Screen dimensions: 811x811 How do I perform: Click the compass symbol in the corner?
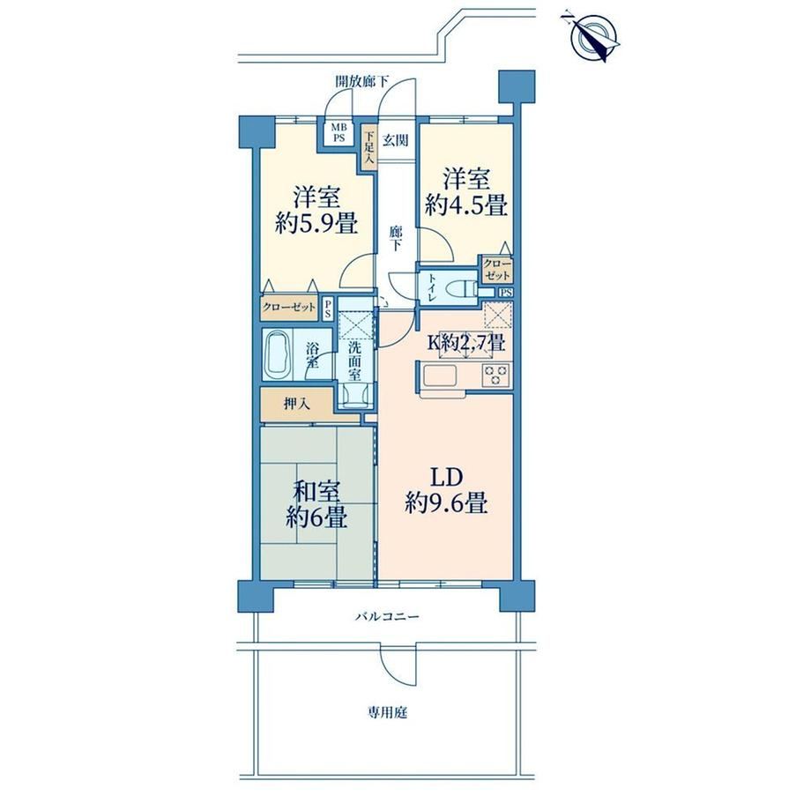coord(592,35)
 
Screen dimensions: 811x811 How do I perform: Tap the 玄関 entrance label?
coord(396,139)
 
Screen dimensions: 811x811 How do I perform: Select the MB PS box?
coord(339,133)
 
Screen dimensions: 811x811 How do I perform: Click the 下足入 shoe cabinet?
coord(368,148)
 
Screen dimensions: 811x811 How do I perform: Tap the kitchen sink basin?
coord(440,375)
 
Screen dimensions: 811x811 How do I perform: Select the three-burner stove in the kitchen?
coord(495,375)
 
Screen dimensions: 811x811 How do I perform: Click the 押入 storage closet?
coord(297,404)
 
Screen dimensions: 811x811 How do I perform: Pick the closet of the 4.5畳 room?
coord(497,269)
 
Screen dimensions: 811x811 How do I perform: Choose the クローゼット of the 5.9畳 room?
coord(289,308)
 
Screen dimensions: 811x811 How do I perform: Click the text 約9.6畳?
coord(446,502)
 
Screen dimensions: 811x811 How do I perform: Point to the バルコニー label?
coord(387,616)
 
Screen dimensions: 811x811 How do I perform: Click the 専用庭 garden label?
coord(388,713)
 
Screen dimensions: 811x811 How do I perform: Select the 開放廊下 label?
coord(362,81)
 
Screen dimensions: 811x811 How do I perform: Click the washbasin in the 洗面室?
coord(355,397)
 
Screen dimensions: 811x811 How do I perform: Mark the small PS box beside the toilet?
coord(506,293)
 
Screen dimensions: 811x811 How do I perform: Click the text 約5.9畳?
coord(316,224)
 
